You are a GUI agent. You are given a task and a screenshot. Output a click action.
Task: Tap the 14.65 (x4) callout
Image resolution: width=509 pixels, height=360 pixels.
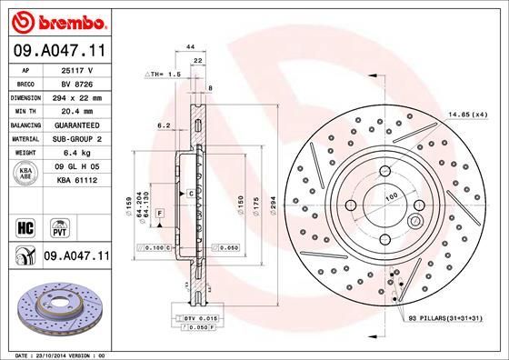[466, 114]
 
